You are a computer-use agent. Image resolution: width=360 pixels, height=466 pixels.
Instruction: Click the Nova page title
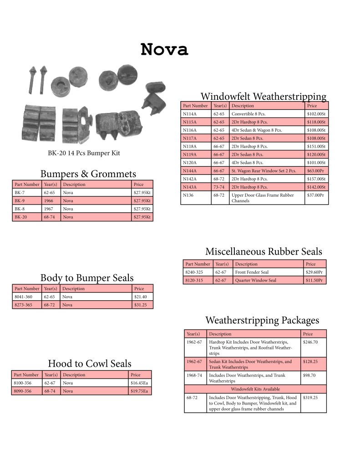click(164, 49)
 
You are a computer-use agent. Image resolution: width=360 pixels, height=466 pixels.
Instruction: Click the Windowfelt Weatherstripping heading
click(264, 96)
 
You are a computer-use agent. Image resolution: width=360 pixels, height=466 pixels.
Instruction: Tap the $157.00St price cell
click(316, 179)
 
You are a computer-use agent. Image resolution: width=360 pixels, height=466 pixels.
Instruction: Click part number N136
click(188, 195)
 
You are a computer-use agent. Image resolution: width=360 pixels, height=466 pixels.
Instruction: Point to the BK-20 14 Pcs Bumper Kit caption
click(84, 153)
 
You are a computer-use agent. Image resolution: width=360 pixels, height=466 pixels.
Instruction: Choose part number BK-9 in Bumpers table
click(19, 201)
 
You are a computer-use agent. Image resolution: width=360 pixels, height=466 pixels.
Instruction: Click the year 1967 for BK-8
click(49, 209)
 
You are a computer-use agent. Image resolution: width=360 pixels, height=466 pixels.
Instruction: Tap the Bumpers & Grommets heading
click(88, 174)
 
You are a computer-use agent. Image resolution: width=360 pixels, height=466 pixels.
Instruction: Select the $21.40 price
click(141, 297)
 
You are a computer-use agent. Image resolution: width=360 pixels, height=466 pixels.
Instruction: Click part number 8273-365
click(23, 305)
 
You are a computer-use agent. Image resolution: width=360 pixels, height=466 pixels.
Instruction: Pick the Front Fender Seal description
click(252, 272)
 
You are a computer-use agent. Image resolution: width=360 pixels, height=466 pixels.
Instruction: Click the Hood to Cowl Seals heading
click(90, 363)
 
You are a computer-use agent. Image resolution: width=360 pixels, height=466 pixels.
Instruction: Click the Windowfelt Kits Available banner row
click(255, 389)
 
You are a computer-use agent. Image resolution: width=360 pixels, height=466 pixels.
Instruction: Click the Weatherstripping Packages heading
click(262, 320)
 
